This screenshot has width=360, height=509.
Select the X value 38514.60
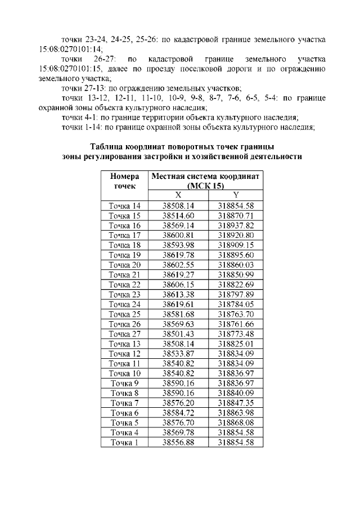pyautogui.click(x=178, y=216)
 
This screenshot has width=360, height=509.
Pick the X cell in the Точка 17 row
pyautogui.click(x=178, y=236)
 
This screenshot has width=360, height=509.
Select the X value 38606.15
pyautogui.click(x=178, y=285)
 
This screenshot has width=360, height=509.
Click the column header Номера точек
pyautogui.click(x=124, y=181)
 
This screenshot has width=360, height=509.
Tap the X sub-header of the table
pyautogui.click(x=178, y=195)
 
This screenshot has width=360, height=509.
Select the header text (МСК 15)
pyautogui.click(x=205, y=186)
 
